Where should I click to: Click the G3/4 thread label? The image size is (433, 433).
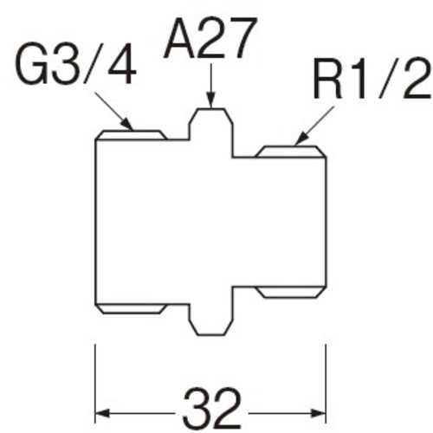[x=76, y=64]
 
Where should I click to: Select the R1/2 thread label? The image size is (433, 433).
[x=372, y=78]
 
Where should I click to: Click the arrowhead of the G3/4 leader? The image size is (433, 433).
[x=127, y=125]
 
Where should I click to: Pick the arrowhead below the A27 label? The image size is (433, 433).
[x=211, y=100]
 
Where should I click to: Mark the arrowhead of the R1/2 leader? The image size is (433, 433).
[x=301, y=139]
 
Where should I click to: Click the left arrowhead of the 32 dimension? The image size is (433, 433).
[x=102, y=413]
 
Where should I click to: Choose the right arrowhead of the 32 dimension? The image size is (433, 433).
[x=319, y=413]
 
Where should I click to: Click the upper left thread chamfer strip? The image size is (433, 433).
[x=131, y=135]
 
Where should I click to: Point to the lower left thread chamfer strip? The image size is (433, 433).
[x=131, y=308]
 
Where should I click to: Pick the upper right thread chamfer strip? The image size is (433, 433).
[x=291, y=152]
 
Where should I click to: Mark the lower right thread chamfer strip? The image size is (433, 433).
[x=291, y=292]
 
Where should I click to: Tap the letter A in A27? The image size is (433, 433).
[x=179, y=38]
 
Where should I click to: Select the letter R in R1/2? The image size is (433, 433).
[x=328, y=79]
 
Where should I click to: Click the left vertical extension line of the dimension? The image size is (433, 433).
[x=95, y=384]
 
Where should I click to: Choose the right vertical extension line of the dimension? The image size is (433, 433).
[x=326, y=384]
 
